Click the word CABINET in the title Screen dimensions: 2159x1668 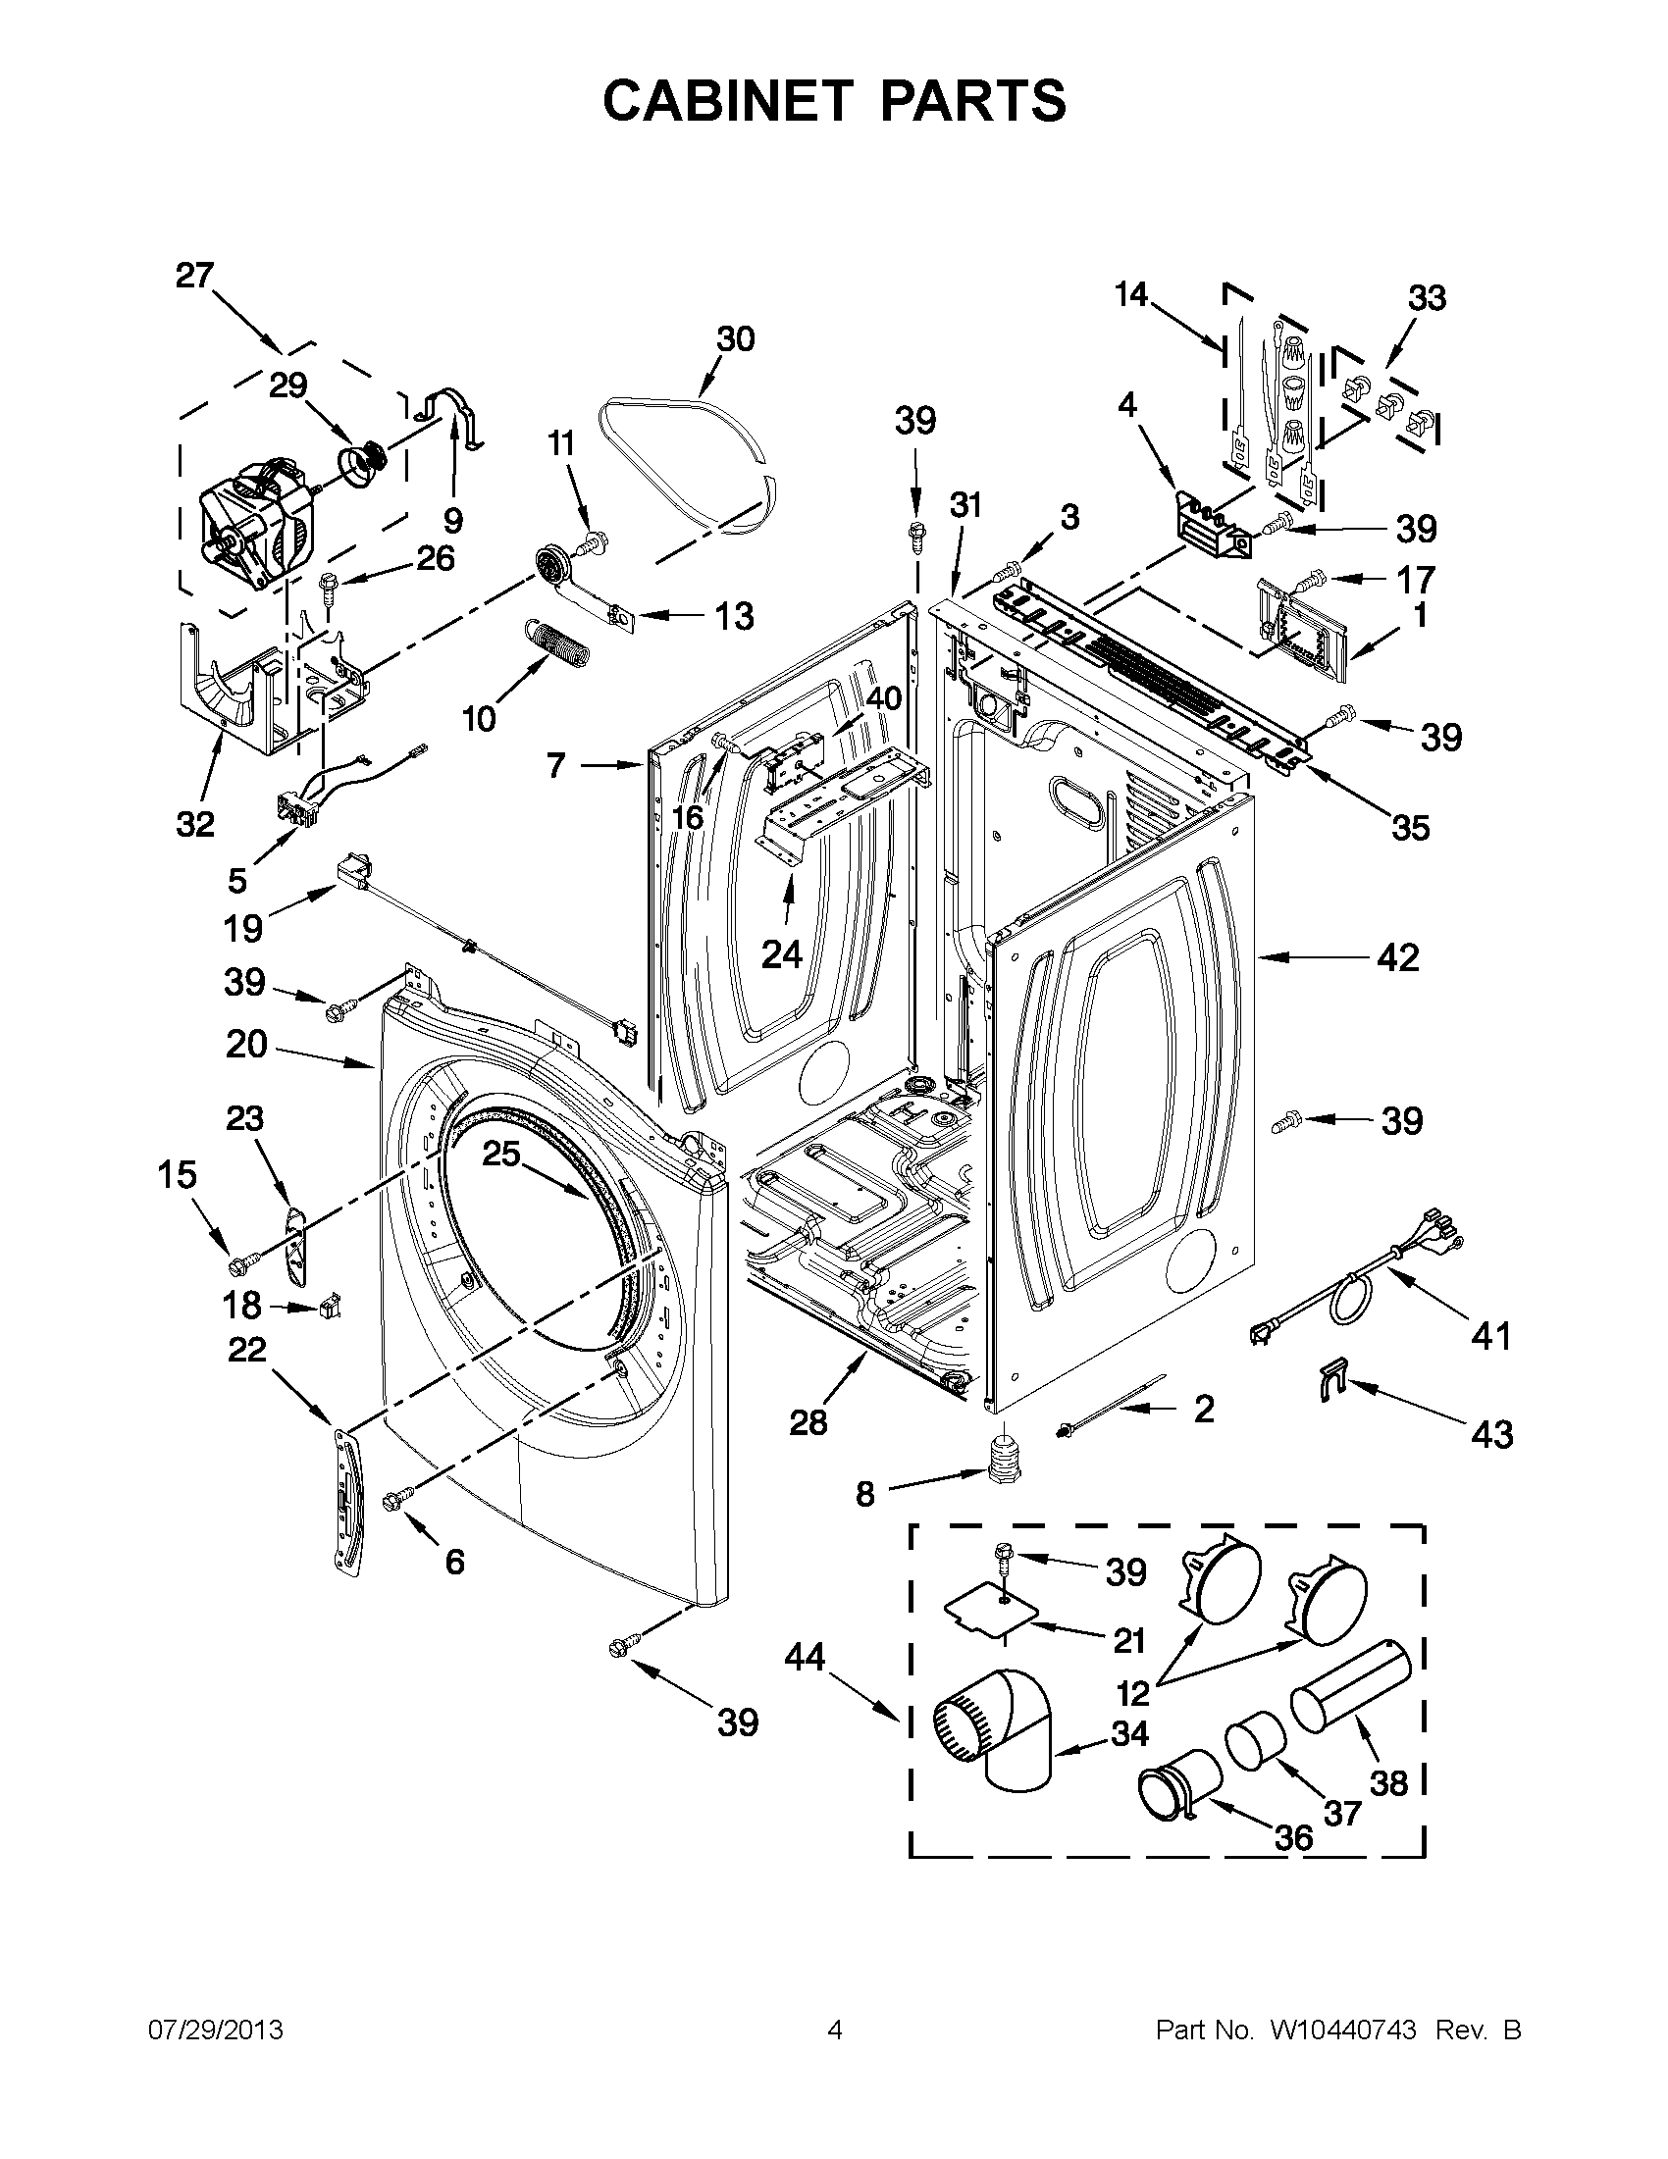click(727, 100)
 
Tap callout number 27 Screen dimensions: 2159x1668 click(194, 275)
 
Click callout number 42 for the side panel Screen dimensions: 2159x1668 click(1397, 957)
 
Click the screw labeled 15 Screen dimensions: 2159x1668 click(240, 1262)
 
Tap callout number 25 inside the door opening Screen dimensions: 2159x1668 click(500, 1153)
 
